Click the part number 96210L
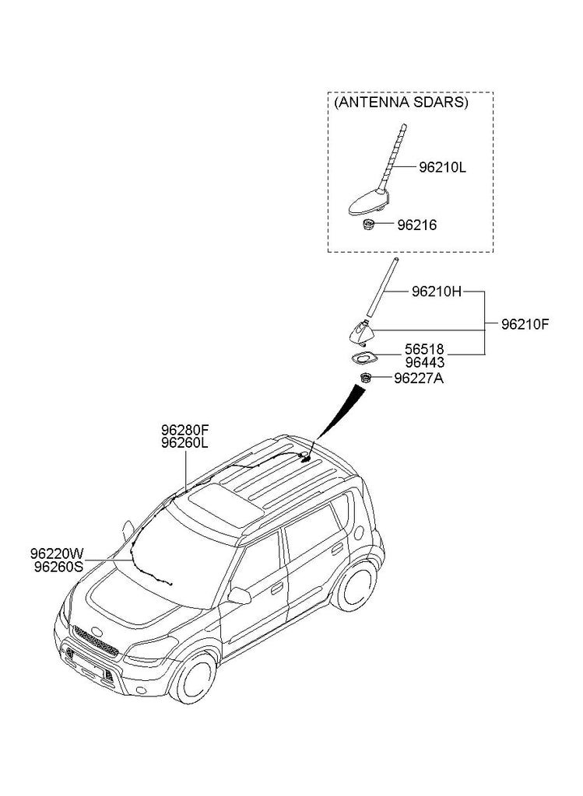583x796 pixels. click(x=442, y=166)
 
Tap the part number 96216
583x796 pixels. click(x=416, y=225)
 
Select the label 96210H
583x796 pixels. click(x=436, y=292)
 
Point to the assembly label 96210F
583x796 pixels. click(x=525, y=324)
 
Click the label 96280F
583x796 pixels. click(x=185, y=430)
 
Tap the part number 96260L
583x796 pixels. click(x=185, y=442)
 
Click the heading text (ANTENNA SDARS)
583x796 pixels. click(x=401, y=103)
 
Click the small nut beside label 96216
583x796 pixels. click(x=368, y=225)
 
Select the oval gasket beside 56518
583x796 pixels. click(x=363, y=358)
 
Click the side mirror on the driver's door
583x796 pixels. click(x=239, y=596)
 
